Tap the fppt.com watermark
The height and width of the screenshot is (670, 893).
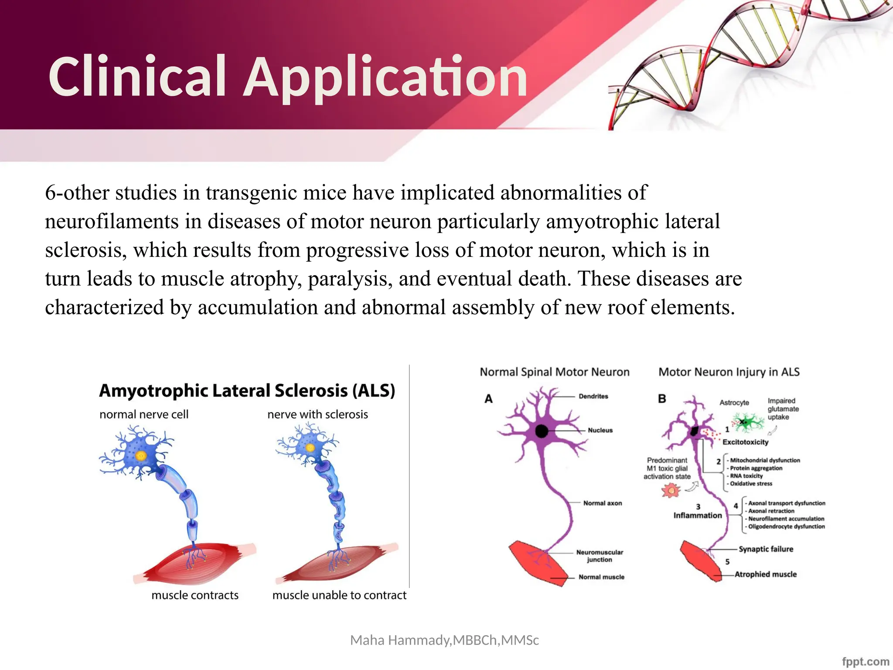865,661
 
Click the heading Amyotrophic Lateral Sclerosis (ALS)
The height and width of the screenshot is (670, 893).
247,390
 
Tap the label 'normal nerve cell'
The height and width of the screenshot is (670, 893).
144,414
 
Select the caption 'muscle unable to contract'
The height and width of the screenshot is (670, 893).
339,595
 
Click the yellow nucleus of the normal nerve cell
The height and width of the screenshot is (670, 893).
141,456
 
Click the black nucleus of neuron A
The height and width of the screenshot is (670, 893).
542,431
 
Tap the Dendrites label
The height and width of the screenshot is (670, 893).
593,396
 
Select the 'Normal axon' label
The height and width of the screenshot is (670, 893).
603,503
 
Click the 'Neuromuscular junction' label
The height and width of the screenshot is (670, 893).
600,556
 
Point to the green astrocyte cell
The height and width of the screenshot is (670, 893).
746,422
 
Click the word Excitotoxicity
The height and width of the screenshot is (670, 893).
746,442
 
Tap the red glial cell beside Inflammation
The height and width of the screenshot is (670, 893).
671,491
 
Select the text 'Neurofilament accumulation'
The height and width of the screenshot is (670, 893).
786,519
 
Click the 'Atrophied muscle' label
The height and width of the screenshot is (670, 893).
766,574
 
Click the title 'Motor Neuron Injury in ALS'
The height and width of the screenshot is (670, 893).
729,372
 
